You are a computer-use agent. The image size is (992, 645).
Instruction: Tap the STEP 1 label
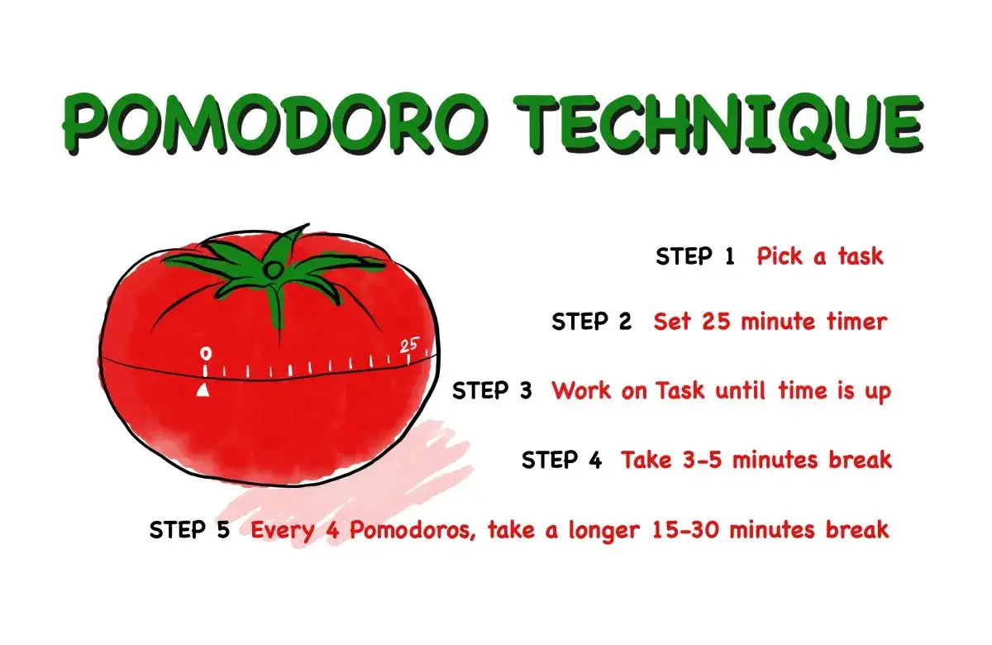[x=694, y=256]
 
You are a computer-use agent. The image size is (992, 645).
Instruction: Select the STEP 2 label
[x=591, y=322]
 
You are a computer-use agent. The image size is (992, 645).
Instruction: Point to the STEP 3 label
[x=492, y=390]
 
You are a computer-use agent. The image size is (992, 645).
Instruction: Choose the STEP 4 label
[x=561, y=460]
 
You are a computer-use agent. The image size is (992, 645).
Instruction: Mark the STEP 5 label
[x=189, y=530]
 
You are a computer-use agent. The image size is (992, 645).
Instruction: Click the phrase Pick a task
[x=819, y=256]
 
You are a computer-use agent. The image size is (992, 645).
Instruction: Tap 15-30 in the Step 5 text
[x=694, y=530]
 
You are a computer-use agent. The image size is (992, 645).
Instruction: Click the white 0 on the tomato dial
[x=206, y=354]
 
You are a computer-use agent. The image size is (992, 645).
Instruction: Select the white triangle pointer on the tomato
[x=203, y=389]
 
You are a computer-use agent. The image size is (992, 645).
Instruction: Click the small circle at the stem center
[x=272, y=268]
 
